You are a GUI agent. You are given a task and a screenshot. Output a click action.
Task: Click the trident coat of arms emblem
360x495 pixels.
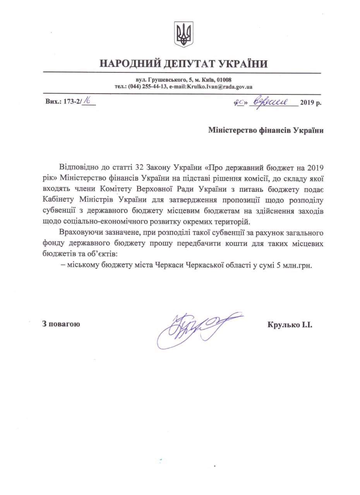coord(183,34)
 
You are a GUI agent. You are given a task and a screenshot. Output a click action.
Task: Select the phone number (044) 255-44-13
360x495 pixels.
coord(147,86)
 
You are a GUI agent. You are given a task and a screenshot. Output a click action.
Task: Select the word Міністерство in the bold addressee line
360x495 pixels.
coord(235,130)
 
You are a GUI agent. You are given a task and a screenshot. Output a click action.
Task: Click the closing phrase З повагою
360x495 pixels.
coord(61,324)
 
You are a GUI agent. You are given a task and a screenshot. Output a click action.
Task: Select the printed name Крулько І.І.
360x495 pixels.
coord(290,324)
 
